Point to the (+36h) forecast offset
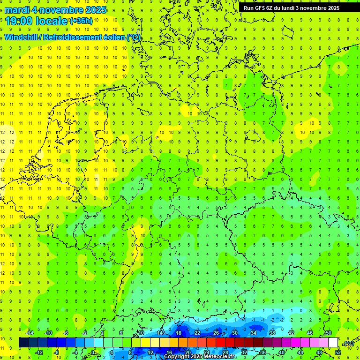[x=81, y=21]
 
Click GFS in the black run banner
[x=261, y=8]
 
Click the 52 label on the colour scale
[x=338, y=352]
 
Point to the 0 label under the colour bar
[x=93, y=352]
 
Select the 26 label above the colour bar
[x=216, y=333]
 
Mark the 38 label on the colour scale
[x=272, y=333]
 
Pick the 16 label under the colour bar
[x=169, y=352]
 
